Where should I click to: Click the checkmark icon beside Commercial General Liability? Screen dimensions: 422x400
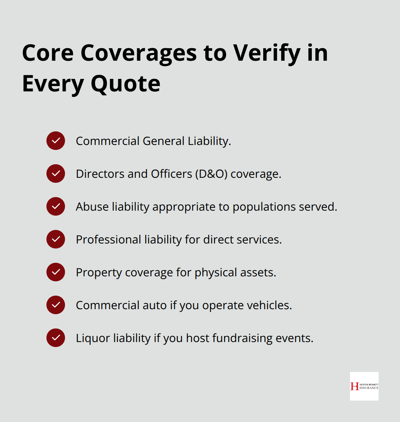click(56, 141)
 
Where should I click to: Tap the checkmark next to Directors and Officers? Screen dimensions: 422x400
click(56, 174)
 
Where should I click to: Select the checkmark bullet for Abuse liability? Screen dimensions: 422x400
click(56, 206)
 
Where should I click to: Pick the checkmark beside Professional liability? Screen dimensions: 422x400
click(56, 239)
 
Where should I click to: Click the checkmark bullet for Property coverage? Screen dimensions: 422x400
click(56, 272)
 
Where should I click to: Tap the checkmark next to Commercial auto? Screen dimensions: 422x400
click(56, 305)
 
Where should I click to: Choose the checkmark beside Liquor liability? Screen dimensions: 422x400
click(56, 338)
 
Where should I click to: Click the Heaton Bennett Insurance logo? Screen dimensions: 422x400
click(364, 386)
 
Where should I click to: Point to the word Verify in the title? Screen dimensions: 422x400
click(267, 54)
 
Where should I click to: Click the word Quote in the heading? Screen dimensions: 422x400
click(125, 84)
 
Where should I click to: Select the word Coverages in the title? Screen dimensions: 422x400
click(139, 54)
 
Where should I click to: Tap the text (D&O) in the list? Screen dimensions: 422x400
click(211, 174)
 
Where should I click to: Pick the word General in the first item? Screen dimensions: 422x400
click(164, 141)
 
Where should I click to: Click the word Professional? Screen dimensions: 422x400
click(108, 240)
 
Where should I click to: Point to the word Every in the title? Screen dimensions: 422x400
click(53, 84)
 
